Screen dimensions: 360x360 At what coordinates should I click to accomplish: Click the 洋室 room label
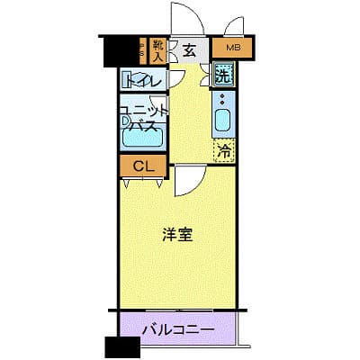176,235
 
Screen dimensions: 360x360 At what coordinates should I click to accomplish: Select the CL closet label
141,166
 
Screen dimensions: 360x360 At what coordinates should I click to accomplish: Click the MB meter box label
232,47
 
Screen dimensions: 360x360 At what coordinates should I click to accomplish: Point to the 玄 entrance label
190,50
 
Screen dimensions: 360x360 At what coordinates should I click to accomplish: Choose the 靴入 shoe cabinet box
158,49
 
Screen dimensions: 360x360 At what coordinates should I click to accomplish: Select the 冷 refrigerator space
223,150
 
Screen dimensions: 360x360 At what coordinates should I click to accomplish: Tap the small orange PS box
142,49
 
